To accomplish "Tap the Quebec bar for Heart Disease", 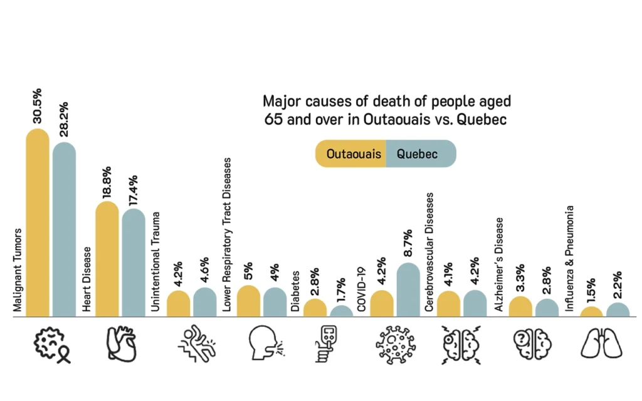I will (134, 263).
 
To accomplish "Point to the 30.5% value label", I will (38, 108).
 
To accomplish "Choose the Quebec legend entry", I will (418, 154).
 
